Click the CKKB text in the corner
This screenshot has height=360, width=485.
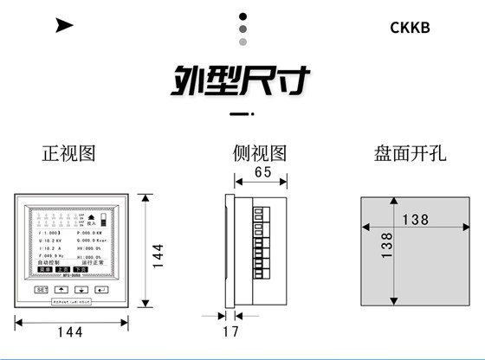(410, 26)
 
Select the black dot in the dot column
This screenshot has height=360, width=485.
(243, 16)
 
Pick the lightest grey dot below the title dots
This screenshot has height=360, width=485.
(243, 42)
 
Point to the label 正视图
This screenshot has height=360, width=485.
(68, 154)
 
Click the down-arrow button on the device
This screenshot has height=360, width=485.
(81, 290)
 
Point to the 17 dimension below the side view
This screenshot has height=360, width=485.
(231, 331)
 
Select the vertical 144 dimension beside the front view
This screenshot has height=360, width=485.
(158, 255)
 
